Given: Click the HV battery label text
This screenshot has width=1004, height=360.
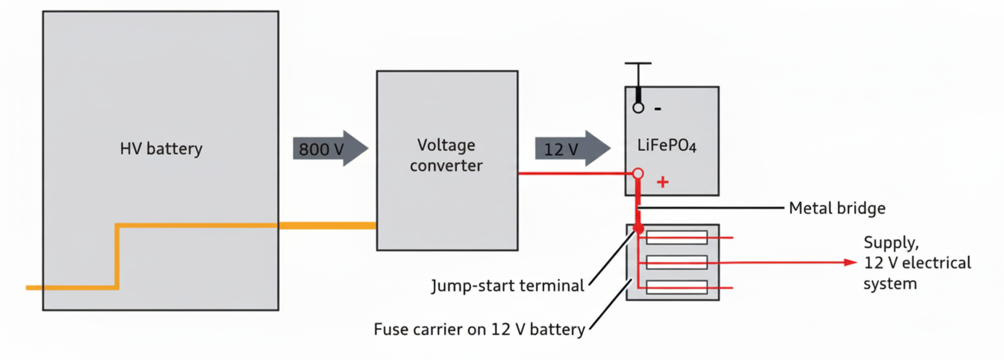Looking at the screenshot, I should point(161,149).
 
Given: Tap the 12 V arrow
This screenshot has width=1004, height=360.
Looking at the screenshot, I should point(572,149).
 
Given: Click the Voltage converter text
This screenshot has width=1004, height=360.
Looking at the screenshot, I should point(446,155).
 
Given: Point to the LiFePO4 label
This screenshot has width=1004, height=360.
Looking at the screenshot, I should point(667,146).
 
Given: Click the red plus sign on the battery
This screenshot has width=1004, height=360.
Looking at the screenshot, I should point(662,182).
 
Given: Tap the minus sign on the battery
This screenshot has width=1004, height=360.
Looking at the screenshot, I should point(658,109).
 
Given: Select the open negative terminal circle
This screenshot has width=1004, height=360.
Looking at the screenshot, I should point(638,108).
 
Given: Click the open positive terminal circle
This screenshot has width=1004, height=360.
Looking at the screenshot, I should point(638,173).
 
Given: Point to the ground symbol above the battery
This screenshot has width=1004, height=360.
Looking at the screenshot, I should point(638,63).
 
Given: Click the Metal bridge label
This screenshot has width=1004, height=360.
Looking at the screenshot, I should point(837,208).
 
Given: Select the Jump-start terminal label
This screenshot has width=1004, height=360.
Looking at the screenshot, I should point(507,286).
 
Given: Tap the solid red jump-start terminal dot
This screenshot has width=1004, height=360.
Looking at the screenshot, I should point(638,228).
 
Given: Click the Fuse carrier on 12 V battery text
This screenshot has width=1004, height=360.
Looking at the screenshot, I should point(479,329).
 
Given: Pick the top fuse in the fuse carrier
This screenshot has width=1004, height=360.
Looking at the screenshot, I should point(677,237).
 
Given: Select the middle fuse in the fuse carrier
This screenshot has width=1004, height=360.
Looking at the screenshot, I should point(677,262).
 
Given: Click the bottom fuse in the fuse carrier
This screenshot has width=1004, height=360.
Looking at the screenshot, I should point(677,287).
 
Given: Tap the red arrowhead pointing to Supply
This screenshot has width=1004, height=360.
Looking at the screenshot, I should point(851,262).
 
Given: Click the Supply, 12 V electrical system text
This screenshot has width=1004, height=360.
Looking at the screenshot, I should point(916,263).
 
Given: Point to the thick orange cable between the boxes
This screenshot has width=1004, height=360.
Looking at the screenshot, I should point(327,225).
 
